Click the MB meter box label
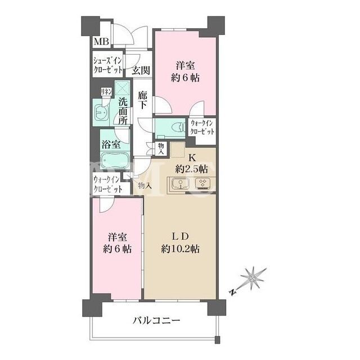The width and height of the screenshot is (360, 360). point(101,42)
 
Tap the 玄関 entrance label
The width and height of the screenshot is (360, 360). point(141,70)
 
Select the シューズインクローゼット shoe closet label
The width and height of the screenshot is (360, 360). point(107,65)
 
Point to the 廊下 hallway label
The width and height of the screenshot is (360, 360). point(142,100)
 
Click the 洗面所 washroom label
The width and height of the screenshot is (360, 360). point(123,111)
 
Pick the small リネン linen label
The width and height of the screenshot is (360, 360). point(106,92)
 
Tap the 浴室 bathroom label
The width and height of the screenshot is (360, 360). point(111,145)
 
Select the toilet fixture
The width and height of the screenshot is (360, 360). point(179,128)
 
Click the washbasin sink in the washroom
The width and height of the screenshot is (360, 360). point(101,112)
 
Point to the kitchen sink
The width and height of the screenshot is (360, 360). point(181,184)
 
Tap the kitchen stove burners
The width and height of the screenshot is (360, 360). point(202,183)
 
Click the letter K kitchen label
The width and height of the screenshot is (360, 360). point(192,158)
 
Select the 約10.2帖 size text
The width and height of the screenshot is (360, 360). point(180,249)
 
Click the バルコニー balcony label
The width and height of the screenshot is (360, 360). point(156,320)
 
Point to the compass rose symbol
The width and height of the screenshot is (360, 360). point(253,279)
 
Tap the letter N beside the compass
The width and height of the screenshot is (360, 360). point(233,292)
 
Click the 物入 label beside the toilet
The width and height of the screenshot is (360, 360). point(161,148)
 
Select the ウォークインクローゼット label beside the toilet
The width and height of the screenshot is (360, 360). point(202,128)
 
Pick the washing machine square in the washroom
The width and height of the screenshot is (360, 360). point(123,88)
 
